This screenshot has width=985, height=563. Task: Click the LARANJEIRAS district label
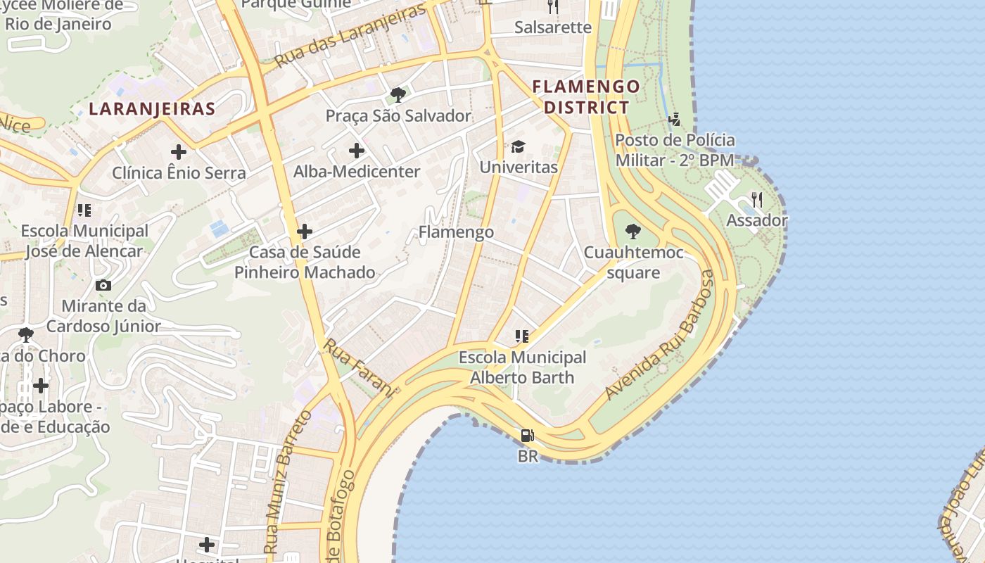pos(152,109)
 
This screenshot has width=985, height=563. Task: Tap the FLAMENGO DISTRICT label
pos(586,97)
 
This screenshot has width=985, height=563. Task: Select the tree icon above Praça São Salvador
pos(398,94)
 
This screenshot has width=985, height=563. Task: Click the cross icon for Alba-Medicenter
pos(357,150)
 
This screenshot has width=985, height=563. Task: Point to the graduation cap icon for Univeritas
pos(519,146)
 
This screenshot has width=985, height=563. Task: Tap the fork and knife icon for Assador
pos(757,200)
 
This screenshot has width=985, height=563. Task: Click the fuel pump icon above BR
pos(527,436)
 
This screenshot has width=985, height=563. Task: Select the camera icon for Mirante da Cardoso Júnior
pos(103,285)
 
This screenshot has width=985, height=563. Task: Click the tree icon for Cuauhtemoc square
pos(633,232)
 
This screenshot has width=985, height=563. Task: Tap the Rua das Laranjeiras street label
pos(350,36)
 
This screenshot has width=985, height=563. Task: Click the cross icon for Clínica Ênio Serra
pos(179,151)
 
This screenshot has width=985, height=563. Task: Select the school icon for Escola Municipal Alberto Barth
pos(521,336)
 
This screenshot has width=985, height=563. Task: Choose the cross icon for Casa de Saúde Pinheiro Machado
pos(305,231)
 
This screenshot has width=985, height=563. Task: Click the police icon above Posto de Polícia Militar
pos(675,119)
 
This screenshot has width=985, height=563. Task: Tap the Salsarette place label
pos(553,27)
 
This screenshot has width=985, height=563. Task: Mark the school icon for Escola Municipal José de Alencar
pos(84,210)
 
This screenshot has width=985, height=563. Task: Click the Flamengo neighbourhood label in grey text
pos(456,232)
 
